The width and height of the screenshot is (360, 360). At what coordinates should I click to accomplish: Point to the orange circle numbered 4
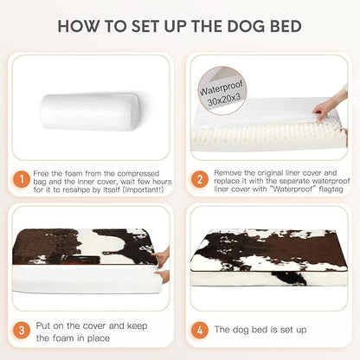click(200, 331)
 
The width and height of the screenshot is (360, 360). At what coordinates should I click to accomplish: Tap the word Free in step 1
click(43, 172)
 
